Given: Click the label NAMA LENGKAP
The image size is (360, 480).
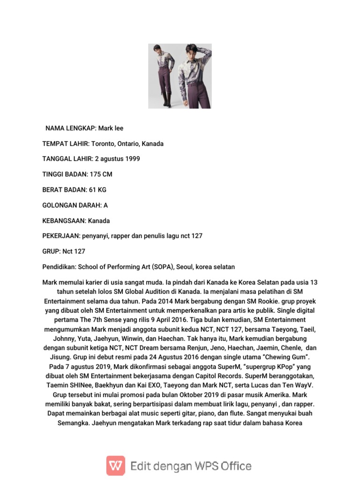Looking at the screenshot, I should [70, 128].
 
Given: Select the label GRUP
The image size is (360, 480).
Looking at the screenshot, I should [50, 251].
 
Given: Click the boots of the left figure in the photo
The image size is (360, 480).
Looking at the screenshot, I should [165, 100].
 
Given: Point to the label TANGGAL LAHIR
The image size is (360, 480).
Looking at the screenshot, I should [69, 159].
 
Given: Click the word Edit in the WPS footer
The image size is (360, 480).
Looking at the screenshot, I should [142, 466].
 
